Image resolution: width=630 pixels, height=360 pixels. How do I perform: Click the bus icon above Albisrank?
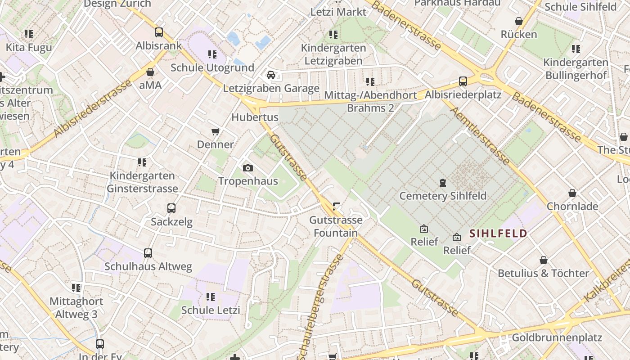158,32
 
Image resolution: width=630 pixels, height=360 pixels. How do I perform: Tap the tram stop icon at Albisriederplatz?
463,81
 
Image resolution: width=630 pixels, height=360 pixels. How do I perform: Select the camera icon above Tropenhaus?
247,168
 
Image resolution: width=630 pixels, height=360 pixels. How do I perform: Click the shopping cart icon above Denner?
216,131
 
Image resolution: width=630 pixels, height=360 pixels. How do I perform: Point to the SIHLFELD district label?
498,233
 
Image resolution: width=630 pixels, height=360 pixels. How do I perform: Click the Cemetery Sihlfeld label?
443,196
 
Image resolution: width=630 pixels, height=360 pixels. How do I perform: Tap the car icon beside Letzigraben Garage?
270,75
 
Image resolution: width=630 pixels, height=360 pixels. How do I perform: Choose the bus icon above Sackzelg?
171,208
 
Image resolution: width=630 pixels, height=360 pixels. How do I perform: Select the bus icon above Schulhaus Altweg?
148,253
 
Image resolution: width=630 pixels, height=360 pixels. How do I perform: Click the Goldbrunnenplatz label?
557,337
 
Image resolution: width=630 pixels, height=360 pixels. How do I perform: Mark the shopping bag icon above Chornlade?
572,193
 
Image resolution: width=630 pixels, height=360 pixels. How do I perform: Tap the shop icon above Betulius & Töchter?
544,260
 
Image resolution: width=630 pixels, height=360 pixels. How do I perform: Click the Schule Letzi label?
210,310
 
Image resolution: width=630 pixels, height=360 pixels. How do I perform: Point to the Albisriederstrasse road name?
93,108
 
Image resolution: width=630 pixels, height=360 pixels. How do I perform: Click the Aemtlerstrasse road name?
480,135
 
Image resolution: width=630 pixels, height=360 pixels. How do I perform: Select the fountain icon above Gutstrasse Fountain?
336,207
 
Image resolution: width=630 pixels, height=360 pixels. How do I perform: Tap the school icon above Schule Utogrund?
212,54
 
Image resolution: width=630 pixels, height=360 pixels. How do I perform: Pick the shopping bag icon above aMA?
150,72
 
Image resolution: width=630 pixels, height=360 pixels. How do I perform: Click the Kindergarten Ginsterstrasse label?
142,182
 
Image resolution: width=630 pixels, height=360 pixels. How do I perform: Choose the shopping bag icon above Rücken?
518,21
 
